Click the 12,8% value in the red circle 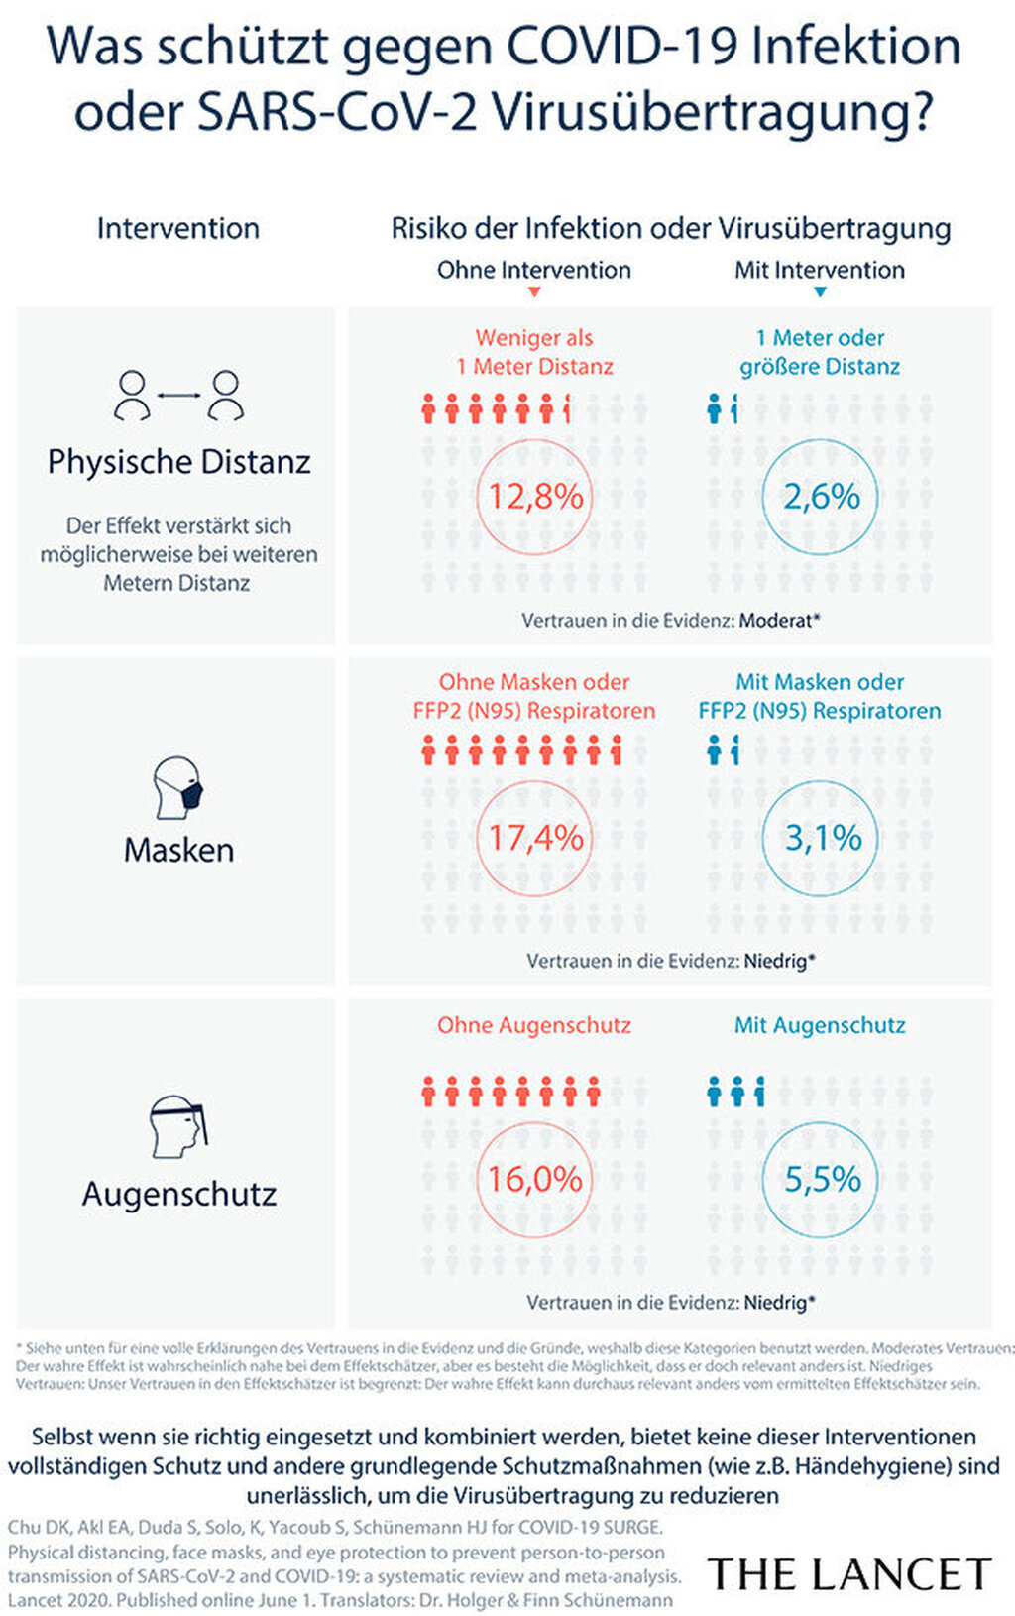[x=535, y=496]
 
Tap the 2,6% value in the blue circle [x=821, y=496]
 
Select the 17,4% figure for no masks [x=535, y=838]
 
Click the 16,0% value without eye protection [x=535, y=1179]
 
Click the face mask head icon [x=179, y=789]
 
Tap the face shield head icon [x=178, y=1126]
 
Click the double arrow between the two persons [x=178, y=395]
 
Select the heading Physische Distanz [x=178, y=462]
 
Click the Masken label [x=178, y=851]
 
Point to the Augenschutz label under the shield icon [x=178, y=1194]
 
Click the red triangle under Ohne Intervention [x=534, y=292]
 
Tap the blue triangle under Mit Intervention [x=820, y=292]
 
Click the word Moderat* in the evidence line [x=780, y=621]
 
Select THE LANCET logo [x=849, y=1574]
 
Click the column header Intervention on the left [x=178, y=229]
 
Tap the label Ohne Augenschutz [x=534, y=1025]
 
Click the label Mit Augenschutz [x=820, y=1025]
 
